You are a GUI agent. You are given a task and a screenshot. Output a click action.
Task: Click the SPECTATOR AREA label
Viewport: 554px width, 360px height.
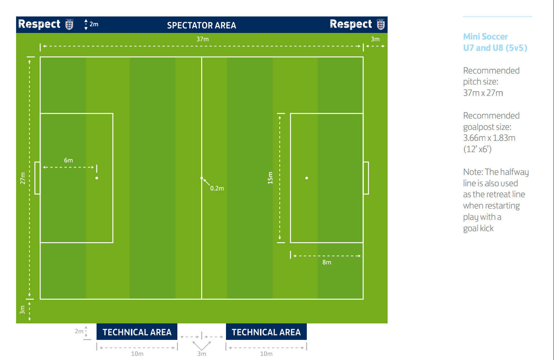coord(201,25)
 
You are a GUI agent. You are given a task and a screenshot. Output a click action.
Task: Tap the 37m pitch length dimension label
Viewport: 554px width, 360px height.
coord(203,39)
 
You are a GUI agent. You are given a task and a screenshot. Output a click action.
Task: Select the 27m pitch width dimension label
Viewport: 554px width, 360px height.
coord(23,178)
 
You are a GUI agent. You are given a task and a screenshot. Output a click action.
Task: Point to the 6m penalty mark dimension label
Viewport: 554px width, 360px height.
coord(68,160)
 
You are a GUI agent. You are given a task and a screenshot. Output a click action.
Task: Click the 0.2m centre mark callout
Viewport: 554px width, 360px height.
coord(217,188)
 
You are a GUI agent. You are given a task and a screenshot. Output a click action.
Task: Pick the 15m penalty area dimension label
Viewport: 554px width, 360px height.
coord(270,178)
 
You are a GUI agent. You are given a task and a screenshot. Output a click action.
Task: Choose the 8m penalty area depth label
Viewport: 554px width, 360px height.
coord(327,262)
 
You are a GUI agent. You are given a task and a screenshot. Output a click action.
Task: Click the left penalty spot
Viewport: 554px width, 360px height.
coord(97,178)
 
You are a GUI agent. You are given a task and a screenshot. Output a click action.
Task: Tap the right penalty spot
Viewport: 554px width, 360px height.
coord(307,178)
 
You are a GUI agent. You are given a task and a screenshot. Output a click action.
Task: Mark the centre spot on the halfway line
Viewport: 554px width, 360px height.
coord(201,178)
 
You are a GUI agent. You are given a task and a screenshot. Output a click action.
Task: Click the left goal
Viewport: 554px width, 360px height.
coord(37,178)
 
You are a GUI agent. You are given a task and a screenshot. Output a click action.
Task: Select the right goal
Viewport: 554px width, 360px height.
coord(366,178)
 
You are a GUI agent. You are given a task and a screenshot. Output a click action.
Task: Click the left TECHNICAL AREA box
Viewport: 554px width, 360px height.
coord(137,332)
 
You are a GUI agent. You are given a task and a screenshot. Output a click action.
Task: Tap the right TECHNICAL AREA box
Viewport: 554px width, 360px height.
coord(266,332)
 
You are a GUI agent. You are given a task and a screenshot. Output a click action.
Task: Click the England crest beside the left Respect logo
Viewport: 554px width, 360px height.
coord(69,25)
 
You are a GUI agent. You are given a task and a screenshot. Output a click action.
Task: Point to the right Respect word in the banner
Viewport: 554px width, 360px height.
coord(351,24)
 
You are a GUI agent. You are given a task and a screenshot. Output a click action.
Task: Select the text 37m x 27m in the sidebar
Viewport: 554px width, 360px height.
coord(483,93)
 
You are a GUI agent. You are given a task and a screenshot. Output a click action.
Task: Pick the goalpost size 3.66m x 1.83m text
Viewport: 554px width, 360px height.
coord(489,138)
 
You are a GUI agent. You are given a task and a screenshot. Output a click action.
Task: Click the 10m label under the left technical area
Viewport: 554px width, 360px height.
coord(137,354)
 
